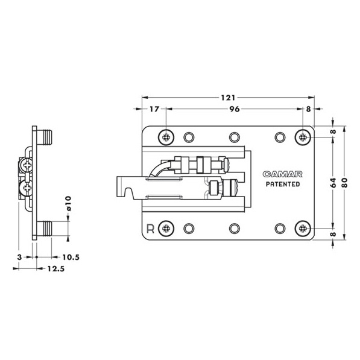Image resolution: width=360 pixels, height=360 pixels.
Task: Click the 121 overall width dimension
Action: [x=227, y=97]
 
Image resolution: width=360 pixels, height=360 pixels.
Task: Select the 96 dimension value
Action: [x=234, y=109]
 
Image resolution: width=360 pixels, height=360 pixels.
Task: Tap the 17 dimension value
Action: [x=153, y=109]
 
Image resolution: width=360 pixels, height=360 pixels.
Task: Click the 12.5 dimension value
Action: [x=55, y=269]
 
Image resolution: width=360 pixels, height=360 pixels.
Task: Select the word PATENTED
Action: [x=283, y=185]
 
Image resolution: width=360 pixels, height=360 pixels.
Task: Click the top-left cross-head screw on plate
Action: [x=166, y=137]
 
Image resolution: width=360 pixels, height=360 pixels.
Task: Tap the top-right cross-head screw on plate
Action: [x=303, y=137]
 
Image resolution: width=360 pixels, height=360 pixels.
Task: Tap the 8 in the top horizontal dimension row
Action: [x=308, y=109]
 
